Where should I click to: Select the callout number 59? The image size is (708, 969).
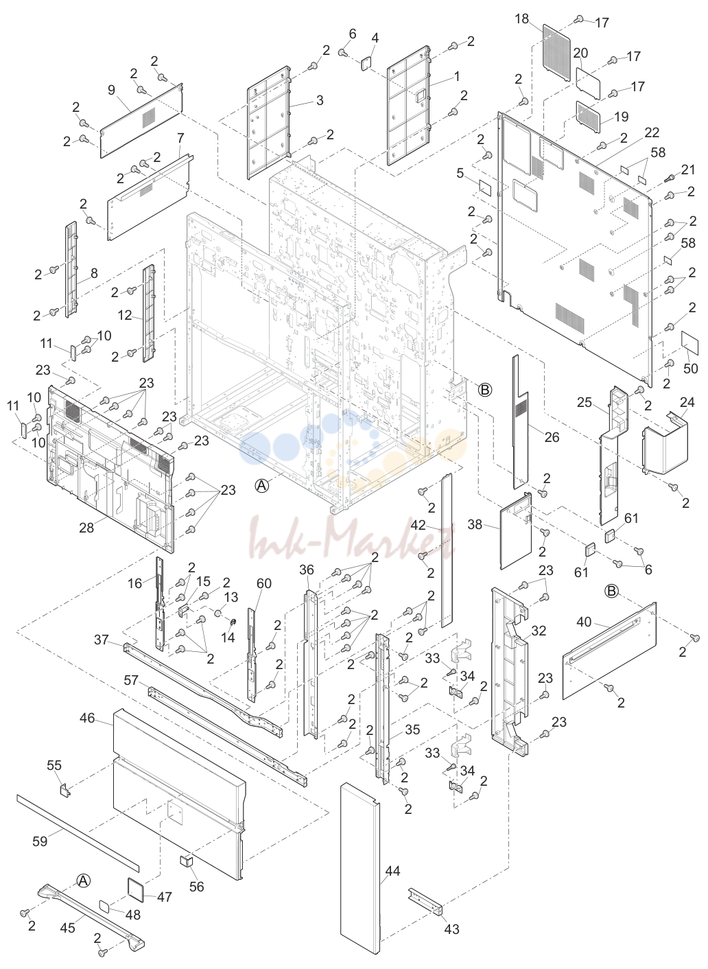(40, 841)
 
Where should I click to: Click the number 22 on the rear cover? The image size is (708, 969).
(652, 132)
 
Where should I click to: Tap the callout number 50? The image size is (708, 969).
(691, 368)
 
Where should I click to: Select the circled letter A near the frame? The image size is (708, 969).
(262, 486)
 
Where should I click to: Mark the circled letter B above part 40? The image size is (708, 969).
(611, 591)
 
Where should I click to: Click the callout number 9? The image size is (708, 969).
(112, 90)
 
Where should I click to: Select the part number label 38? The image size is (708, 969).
(475, 524)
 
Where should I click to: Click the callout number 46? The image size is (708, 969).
(87, 718)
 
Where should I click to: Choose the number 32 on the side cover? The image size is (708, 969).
(539, 631)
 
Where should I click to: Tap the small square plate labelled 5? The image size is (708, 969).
(485, 188)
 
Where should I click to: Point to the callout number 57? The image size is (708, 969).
(131, 680)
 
